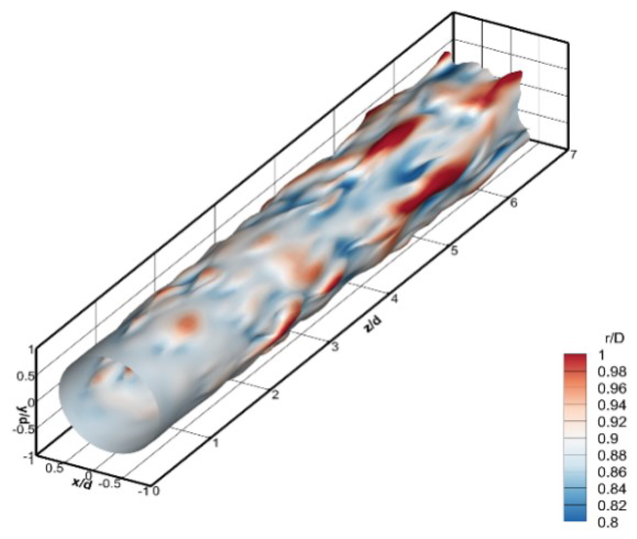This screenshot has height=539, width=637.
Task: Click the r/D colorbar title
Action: coord(614,339)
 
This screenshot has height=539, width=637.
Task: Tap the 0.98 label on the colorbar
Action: coord(612,372)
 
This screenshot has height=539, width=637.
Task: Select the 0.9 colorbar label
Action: coord(608,439)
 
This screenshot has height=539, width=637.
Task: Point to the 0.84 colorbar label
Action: coord(612,489)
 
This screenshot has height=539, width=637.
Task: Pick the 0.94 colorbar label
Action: coord(612,405)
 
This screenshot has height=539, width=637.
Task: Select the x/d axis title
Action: coord(82,484)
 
